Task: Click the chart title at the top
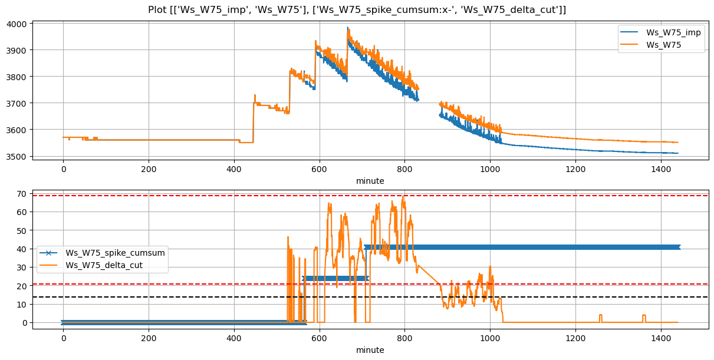357,9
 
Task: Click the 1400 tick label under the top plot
660,169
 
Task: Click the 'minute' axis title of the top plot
370,181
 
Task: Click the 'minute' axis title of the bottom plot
370,350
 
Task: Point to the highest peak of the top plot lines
348,27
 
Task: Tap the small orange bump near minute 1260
601,315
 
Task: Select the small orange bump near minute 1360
644,315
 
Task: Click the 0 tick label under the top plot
63,169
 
